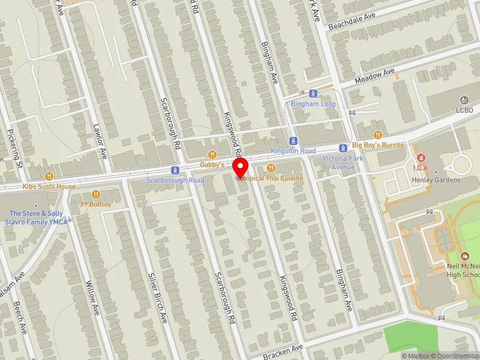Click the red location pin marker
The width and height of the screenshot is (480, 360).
(241, 167)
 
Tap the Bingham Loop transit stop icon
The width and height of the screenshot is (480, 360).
(313, 94)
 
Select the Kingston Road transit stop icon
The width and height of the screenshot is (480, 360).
(292, 141)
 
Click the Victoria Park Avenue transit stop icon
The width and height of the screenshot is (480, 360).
(343, 148)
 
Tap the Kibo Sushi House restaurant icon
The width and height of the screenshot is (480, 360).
(49, 176)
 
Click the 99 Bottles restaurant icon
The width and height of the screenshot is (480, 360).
(96, 194)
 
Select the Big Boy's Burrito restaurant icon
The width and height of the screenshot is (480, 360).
(378, 135)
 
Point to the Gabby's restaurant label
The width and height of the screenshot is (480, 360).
(212, 164)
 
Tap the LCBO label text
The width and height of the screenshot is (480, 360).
(464, 110)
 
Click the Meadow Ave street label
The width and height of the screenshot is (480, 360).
(374, 76)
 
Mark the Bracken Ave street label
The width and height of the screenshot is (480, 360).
(284, 352)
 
